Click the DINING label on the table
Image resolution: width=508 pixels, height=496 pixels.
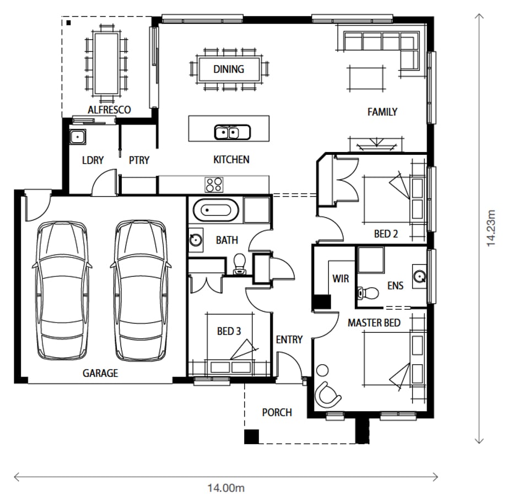click(x=229, y=69)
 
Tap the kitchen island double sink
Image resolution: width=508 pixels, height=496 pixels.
click(x=233, y=132)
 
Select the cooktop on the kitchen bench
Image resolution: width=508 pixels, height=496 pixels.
click(x=214, y=185)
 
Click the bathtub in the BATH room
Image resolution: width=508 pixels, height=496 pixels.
click(x=216, y=210)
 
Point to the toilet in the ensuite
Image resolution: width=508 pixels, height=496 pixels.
click(x=368, y=293)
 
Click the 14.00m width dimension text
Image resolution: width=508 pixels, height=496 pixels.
click(x=226, y=488)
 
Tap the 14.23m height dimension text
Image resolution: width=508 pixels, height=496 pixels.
click(x=491, y=228)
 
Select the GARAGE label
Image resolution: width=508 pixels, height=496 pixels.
click(x=100, y=373)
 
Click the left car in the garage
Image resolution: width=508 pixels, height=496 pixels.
click(x=62, y=290)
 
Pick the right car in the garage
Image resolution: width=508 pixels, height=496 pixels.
click(x=141, y=290)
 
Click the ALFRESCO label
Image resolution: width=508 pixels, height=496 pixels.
click(x=109, y=110)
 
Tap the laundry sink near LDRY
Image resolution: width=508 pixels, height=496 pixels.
click(x=78, y=137)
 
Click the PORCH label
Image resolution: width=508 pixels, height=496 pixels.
click(x=277, y=412)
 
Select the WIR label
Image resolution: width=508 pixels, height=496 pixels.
click(x=341, y=279)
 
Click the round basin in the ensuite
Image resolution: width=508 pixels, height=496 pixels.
click(x=419, y=276)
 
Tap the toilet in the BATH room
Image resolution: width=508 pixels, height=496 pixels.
click(x=240, y=264)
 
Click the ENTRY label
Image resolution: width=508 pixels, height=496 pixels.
click(x=289, y=339)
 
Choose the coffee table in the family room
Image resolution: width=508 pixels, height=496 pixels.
click(x=366, y=78)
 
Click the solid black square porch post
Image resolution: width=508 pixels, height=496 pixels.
click(x=251, y=436)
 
